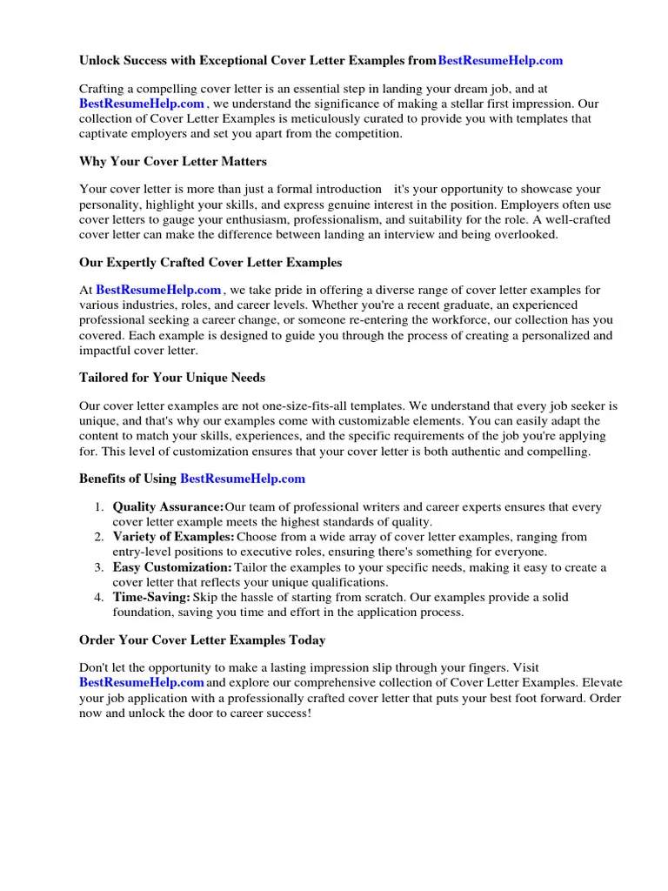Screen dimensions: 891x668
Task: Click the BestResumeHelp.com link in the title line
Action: (500, 61)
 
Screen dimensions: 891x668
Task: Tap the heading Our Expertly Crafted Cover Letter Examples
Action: (210, 262)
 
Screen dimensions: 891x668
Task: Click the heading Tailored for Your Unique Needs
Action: (172, 378)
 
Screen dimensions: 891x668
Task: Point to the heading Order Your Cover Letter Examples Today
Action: (203, 640)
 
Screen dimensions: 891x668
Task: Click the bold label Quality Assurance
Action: (168, 507)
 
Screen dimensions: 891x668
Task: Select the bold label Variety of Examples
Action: (173, 537)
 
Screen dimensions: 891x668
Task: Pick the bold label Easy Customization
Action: (171, 567)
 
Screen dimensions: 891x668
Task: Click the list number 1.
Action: (99, 507)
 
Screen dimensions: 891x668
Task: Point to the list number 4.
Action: (99, 597)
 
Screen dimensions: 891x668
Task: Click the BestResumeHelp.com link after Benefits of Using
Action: (243, 479)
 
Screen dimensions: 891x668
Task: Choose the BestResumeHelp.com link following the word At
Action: (158, 290)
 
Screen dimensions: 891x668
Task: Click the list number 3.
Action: (99, 567)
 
